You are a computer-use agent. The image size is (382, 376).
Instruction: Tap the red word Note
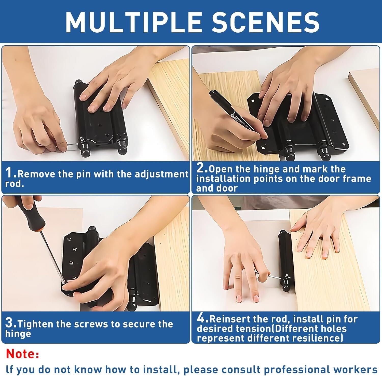coord(22,354)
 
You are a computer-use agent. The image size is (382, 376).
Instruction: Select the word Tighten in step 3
coord(35,324)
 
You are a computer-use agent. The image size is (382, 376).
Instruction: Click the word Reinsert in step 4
coord(229,319)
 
